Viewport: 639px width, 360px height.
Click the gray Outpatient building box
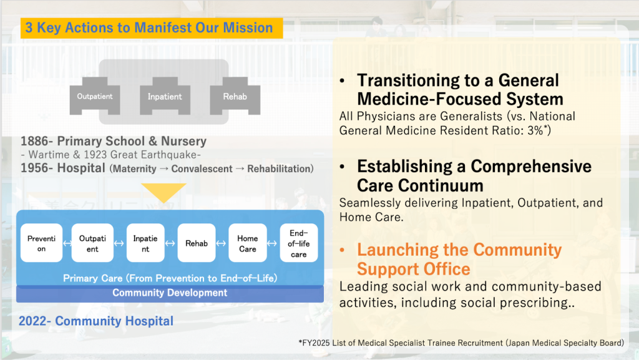coord(95,96)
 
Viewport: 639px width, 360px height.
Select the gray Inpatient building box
coord(165,96)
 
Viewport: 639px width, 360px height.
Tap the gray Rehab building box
coord(235,96)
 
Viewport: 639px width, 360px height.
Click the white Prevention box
coord(42,243)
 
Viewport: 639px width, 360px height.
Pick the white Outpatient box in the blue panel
coord(92,243)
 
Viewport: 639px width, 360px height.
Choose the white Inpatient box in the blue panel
coord(145,243)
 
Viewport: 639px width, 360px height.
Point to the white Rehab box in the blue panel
coord(197,243)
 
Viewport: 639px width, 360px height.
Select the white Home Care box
coord(247,243)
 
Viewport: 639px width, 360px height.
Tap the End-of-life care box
coord(299,243)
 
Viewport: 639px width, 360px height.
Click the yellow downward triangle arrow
coord(163,192)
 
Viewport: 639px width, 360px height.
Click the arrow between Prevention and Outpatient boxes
coord(67,243)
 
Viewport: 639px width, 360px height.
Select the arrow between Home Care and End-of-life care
coord(272,243)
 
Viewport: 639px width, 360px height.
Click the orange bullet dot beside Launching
coord(343,250)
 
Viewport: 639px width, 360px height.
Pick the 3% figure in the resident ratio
coord(537,130)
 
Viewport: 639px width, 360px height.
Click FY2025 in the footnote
coord(315,343)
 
